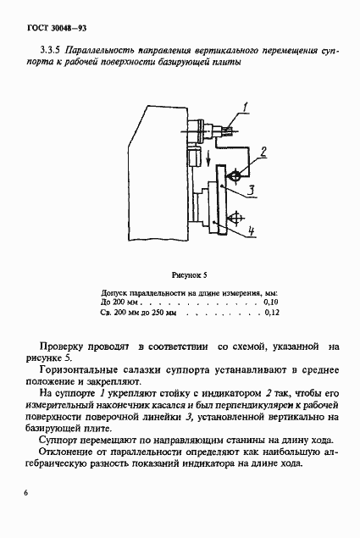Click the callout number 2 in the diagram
click(263, 153)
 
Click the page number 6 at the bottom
click(27, 492)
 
